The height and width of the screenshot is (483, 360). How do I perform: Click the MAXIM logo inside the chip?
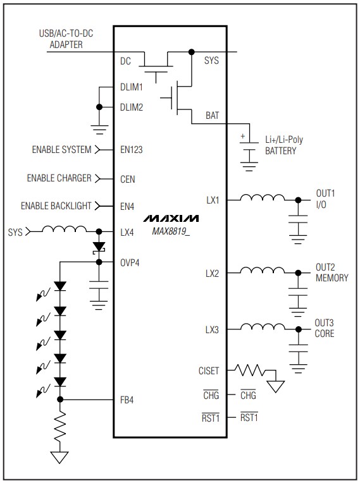(170, 218)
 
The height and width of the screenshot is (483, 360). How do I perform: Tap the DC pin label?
(125, 61)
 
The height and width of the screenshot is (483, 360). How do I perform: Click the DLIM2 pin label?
(131, 107)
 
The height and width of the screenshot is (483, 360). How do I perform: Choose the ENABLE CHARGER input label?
(59, 178)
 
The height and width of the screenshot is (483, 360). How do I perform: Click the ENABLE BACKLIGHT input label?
(56, 205)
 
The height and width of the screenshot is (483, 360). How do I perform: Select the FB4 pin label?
(127, 400)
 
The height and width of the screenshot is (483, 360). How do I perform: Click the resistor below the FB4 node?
(60, 430)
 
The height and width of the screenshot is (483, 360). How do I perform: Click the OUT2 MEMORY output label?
(331, 272)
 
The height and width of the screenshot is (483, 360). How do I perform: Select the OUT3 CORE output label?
(325, 328)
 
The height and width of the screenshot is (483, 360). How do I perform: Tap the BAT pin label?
(213, 116)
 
